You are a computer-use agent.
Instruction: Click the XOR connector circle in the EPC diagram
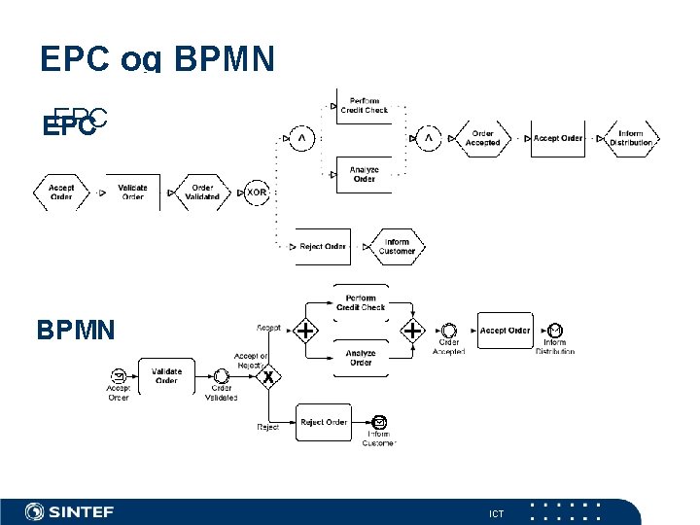click(x=256, y=192)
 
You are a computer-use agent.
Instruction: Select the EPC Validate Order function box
click(x=132, y=192)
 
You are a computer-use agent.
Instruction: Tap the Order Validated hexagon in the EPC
click(x=202, y=192)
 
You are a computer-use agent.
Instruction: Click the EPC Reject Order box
click(x=323, y=246)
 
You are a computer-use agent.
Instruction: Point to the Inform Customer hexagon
click(x=397, y=246)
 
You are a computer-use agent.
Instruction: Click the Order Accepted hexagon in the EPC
click(x=482, y=138)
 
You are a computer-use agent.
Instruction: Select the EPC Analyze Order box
click(x=364, y=174)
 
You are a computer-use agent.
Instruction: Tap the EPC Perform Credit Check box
click(x=364, y=106)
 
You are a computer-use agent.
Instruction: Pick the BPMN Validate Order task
click(x=166, y=375)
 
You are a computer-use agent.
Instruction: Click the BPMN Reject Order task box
click(x=324, y=422)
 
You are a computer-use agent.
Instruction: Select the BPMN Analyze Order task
click(x=361, y=358)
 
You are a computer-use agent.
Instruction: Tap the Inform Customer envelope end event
click(x=379, y=422)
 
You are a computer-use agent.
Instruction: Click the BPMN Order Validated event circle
click(x=221, y=376)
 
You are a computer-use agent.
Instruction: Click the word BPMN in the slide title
click(x=224, y=59)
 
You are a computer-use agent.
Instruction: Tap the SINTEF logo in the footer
click(x=70, y=511)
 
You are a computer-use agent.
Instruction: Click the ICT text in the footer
click(x=496, y=512)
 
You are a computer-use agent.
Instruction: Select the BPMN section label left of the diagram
click(x=76, y=331)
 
